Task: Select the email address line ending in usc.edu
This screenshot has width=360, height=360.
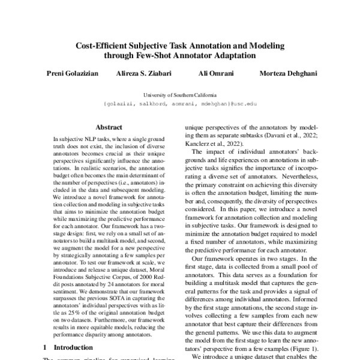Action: point(180,104)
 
